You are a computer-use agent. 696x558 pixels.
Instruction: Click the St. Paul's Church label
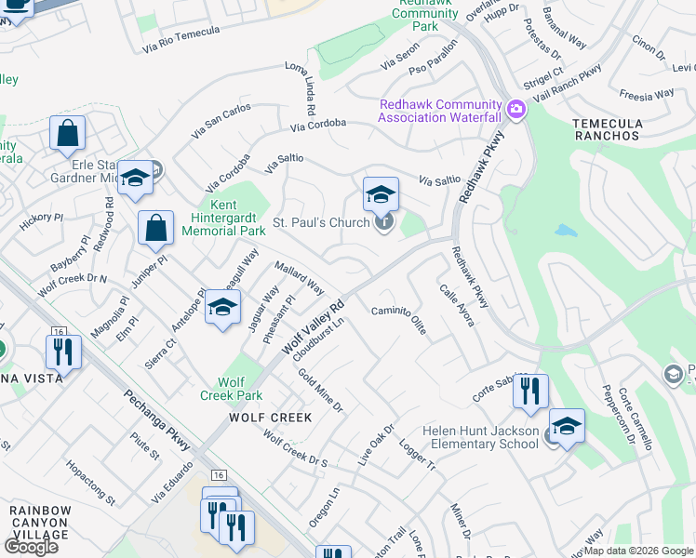click(x=322, y=224)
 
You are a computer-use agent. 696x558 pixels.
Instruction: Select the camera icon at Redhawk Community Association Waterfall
click(x=515, y=111)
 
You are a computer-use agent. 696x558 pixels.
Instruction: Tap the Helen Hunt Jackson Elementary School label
click(x=480, y=437)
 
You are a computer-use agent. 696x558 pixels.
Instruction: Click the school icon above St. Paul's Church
click(x=381, y=195)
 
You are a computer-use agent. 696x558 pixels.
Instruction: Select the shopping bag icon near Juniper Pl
click(x=156, y=228)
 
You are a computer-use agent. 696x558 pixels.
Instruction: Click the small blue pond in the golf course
click(x=564, y=230)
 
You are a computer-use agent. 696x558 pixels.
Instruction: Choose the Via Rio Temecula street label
click(x=181, y=37)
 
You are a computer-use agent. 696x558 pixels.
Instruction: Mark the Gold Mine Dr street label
click(x=321, y=391)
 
